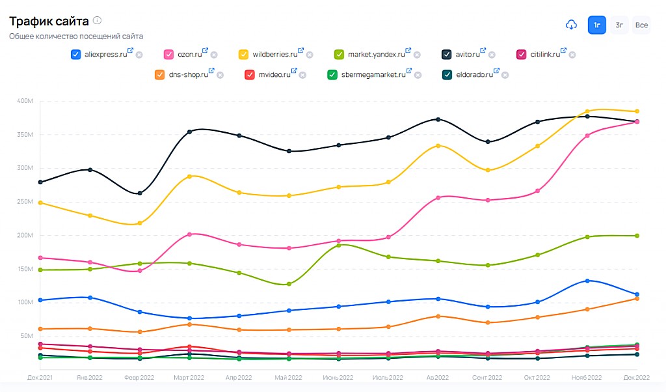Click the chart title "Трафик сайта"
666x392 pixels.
49,21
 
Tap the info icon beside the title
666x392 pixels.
97,21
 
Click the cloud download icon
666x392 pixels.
571,25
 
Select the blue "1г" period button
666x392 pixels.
597,25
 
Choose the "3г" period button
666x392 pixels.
619,25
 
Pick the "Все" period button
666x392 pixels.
641,25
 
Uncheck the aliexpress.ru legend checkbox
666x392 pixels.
76,55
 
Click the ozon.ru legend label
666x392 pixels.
189,55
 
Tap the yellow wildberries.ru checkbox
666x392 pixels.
244,55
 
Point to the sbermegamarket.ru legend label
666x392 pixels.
373,75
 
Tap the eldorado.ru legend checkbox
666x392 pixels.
447,75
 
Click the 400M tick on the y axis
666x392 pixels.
25,101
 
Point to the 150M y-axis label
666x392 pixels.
25,269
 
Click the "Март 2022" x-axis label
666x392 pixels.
189,378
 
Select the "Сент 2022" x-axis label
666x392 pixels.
487,378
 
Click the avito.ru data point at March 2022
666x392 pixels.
189,132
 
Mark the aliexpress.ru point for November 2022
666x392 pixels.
587,281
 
